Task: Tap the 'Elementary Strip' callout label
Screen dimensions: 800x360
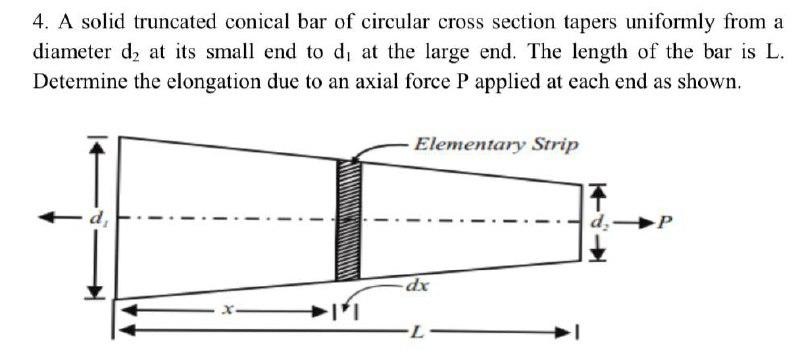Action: coord(495,144)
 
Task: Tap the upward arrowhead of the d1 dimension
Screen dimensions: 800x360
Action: coord(96,146)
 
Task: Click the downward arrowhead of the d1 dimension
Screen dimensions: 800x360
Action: coord(96,292)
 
